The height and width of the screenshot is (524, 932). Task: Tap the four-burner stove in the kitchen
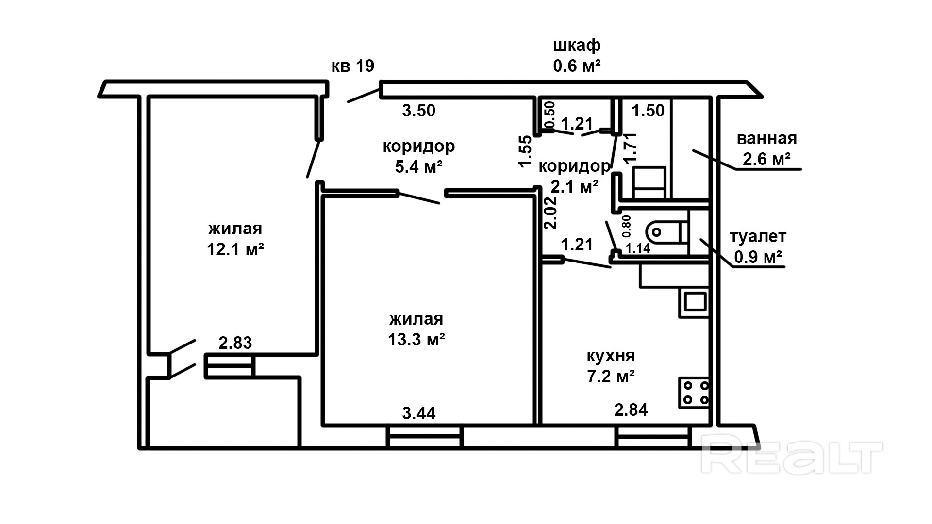click(694, 393)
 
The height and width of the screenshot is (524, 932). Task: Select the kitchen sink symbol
click(695, 302)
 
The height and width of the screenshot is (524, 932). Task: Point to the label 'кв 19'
click(353, 66)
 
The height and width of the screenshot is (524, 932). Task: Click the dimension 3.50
click(419, 111)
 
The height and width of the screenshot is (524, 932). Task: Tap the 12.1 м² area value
click(235, 249)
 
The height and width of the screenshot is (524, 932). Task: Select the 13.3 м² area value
click(416, 339)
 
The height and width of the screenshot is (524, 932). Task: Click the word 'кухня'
click(611, 356)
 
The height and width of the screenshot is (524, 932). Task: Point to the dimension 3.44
click(419, 413)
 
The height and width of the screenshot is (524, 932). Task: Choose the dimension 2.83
click(235, 343)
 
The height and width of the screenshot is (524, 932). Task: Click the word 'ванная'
click(767, 139)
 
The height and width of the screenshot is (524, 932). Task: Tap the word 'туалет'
click(758, 237)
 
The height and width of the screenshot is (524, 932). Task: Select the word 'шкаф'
click(577, 45)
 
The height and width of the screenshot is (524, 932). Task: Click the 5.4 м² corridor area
click(419, 167)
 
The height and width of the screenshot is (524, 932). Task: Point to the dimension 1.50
click(648, 111)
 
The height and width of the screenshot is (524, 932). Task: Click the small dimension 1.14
click(638, 249)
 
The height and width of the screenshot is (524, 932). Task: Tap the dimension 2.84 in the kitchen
click(631, 410)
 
